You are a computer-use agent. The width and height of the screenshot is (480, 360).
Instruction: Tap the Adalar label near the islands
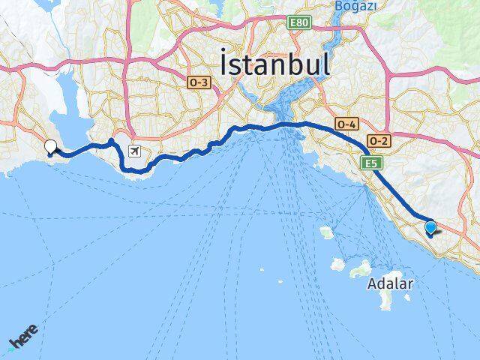tap(390, 284)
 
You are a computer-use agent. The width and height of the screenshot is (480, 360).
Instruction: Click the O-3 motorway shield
tap(199, 83)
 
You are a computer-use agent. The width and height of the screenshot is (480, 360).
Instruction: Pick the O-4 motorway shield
tap(347, 124)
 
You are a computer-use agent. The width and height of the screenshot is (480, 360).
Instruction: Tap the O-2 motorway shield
tap(378, 140)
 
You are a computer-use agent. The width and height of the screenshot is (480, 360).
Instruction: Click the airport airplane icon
tap(134, 151)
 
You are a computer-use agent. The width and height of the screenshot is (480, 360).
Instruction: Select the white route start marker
tap(51, 146)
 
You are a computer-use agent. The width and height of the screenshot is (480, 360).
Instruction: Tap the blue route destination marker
tap(430, 227)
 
